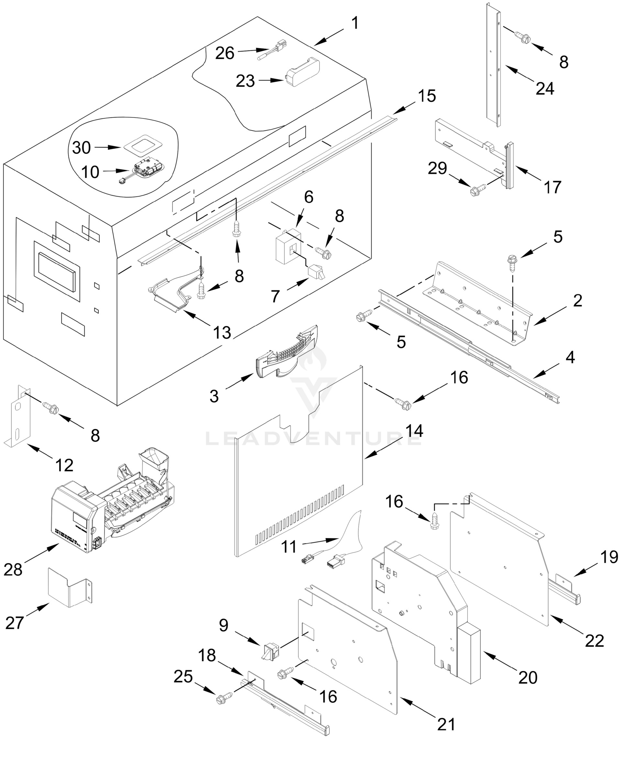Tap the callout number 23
pos(245,81)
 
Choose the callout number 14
pos(414,431)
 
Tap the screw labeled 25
pos(223,699)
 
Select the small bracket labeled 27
pos(71,588)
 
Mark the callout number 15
pos(427,96)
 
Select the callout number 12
pos(64,465)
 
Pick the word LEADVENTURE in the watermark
pos(313,439)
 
